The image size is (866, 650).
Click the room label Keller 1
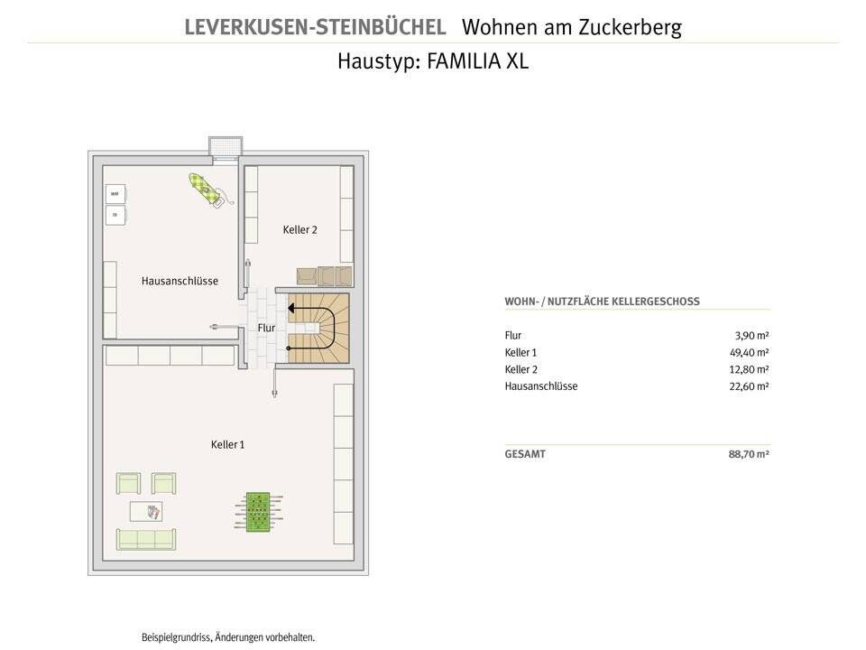[x=227, y=444]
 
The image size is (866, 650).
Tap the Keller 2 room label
[x=299, y=230]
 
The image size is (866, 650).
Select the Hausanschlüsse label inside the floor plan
[x=180, y=281]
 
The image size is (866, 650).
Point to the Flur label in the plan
[x=266, y=328]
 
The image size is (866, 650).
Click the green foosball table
[x=257, y=512]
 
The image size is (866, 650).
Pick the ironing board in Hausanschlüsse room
[x=208, y=190]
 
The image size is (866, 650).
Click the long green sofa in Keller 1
[x=146, y=539]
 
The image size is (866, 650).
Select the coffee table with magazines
[x=147, y=512]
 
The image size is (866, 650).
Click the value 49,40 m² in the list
[x=750, y=352]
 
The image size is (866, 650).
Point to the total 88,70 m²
[x=749, y=454]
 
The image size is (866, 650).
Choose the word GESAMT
[x=525, y=454]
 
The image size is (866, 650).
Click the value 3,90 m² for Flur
[x=752, y=336]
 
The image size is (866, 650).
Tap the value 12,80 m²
[x=750, y=369]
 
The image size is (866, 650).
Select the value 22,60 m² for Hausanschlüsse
[x=750, y=386]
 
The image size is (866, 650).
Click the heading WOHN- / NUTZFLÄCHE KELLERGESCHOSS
[x=602, y=302]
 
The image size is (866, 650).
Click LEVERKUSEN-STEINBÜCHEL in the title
[x=315, y=27]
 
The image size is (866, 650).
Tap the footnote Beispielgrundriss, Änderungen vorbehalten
[x=228, y=637]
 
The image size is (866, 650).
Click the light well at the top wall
[x=226, y=147]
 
